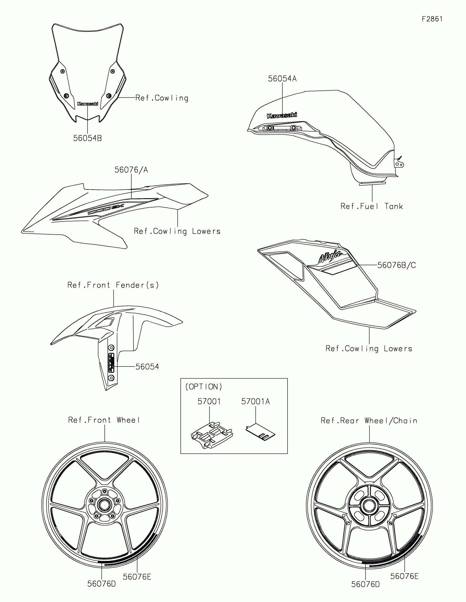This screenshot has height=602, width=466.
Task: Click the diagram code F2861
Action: (x=432, y=19)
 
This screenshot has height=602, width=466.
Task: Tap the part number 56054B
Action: (x=87, y=138)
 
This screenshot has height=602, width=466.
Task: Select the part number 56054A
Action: (x=282, y=79)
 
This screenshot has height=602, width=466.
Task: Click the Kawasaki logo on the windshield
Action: (x=88, y=104)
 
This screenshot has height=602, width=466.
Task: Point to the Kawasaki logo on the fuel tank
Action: (x=282, y=115)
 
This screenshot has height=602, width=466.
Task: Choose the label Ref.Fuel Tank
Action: (x=371, y=206)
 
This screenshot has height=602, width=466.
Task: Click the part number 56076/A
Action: (x=131, y=170)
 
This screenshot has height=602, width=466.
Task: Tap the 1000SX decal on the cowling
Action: (x=106, y=210)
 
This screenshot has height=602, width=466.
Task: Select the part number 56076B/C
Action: (x=396, y=265)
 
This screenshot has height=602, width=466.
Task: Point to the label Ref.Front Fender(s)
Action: (x=113, y=285)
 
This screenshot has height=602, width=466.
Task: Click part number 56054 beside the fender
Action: (x=147, y=367)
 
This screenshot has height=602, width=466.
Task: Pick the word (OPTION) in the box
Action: (x=204, y=387)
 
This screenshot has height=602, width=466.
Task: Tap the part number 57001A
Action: (x=255, y=402)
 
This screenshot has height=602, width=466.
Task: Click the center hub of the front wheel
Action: (x=104, y=505)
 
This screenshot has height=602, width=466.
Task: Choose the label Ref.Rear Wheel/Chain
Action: (x=369, y=421)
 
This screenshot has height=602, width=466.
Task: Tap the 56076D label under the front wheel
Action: (x=101, y=584)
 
